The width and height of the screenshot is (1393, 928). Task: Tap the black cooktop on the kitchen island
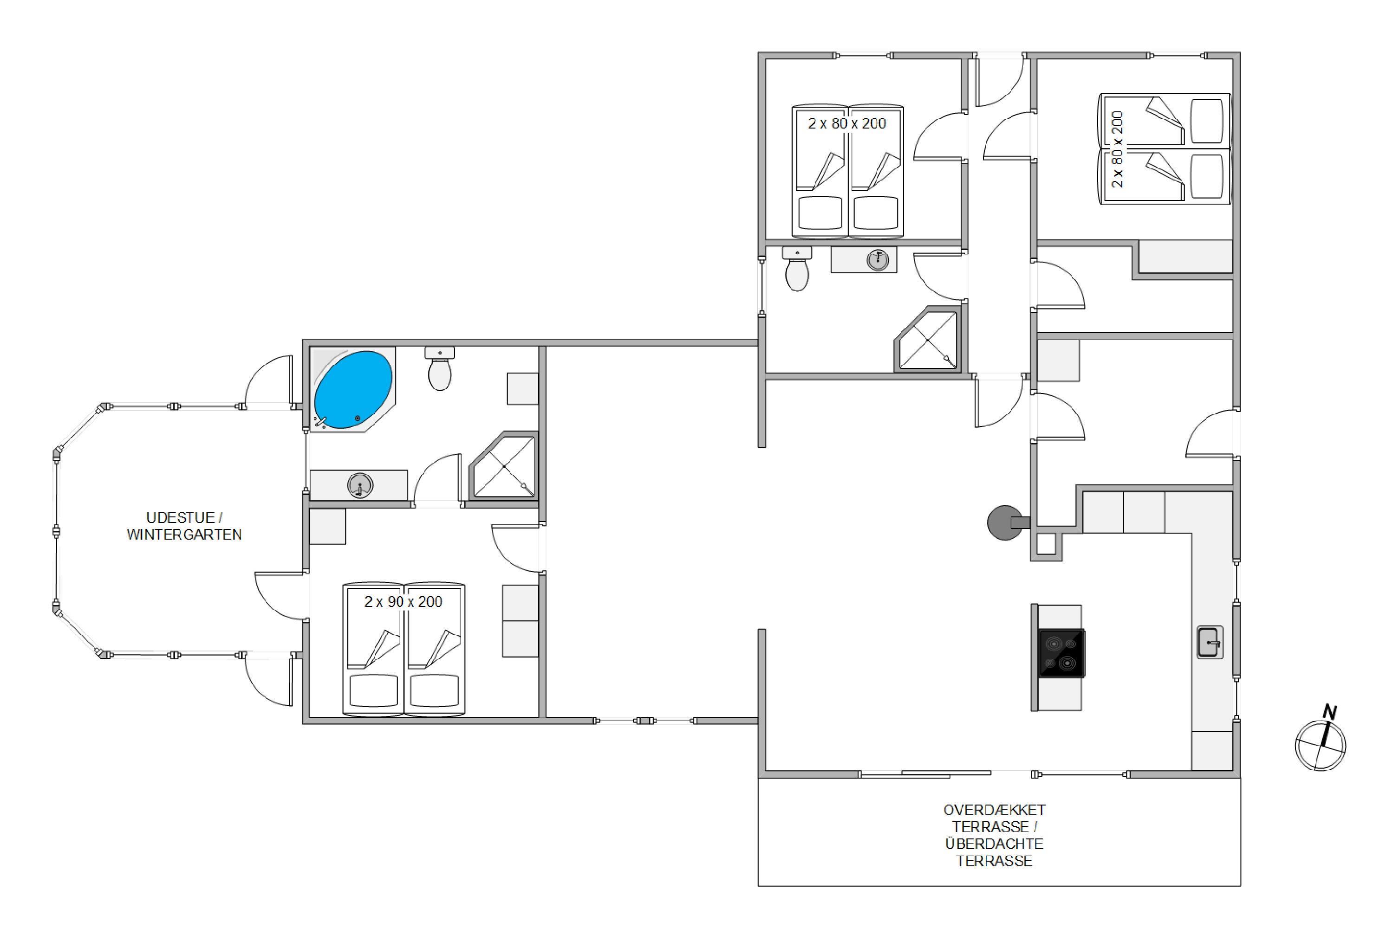click(x=1062, y=653)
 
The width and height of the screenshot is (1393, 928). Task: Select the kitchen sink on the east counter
click(x=1210, y=642)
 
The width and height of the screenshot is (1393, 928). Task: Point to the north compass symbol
click(x=1320, y=745)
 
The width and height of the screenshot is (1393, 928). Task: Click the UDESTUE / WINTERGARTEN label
click(x=184, y=526)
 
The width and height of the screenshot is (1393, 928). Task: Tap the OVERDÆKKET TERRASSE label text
click(x=995, y=818)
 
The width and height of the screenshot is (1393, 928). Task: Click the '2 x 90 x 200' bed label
click(x=404, y=602)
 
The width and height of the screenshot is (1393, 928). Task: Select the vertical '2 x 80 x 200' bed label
click(x=1117, y=149)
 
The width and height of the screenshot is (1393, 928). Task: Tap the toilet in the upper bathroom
click(x=797, y=269)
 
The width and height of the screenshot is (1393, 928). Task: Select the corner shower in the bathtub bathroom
click(x=503, y=465)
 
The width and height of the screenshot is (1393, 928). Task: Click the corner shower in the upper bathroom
click(x=927, y=339)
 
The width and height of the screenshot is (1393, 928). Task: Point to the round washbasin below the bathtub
click(x=359, y=485)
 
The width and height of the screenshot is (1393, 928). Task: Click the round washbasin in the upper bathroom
click(x=878, y=260)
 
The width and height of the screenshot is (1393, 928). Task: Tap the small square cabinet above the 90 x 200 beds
click(x=327, y=526)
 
